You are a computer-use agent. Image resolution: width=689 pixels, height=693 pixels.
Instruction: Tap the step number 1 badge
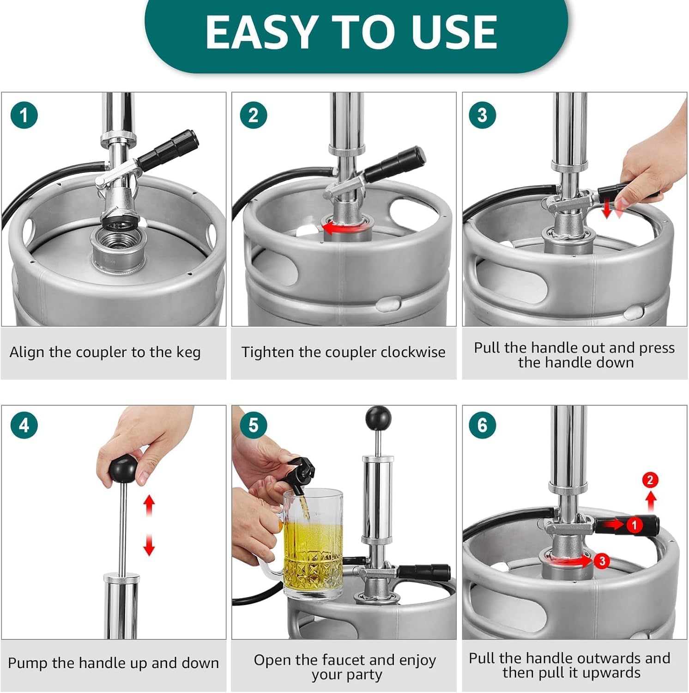pos(24,115)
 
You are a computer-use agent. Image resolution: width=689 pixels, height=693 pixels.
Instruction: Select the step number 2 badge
pos(253,115)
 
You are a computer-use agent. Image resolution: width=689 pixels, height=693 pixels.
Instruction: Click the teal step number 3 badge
pos(482,115)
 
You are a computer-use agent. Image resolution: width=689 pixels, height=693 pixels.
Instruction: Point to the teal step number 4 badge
pos(24,425)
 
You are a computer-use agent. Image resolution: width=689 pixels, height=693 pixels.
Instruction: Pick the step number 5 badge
pos(253,425)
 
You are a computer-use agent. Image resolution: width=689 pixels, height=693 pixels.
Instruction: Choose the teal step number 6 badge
pos(482,425)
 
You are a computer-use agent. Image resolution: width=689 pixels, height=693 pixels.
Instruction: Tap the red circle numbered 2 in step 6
pos(650,480)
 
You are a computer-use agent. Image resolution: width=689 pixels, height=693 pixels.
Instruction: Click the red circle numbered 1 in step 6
pos(634,525)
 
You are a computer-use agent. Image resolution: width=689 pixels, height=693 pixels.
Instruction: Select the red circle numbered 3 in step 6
pos(602,561)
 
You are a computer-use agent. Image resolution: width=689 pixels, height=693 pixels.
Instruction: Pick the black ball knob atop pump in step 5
pos(378,418)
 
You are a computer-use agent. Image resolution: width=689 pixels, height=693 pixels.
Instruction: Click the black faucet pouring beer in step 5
pos(301,475)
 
